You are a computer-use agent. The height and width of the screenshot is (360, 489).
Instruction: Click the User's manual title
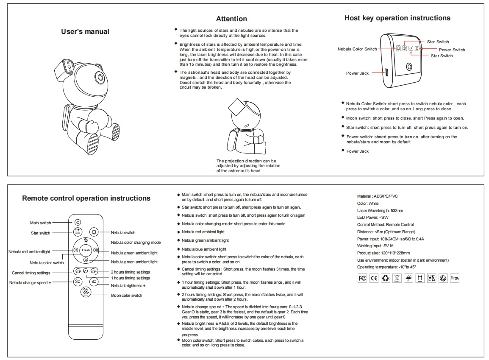85,32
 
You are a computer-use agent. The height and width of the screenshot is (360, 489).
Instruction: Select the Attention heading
231,19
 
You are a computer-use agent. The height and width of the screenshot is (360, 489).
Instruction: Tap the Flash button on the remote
86,250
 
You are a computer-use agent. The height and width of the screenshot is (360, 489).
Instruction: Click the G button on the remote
86,260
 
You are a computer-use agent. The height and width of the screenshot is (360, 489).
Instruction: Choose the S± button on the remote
78,282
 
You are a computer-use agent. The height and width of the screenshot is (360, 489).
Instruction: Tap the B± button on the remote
94,282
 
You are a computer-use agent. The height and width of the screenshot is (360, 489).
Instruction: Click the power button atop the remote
78,222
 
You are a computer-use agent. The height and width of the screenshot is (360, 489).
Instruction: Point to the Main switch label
40,223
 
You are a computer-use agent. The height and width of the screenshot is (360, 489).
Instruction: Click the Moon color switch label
127,296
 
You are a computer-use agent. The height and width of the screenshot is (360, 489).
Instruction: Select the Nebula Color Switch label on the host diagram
357,49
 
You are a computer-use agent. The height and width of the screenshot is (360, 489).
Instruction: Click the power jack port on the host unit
386,73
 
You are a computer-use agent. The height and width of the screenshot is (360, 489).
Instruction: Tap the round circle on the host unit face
409,67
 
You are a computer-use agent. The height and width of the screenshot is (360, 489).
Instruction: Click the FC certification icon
362,278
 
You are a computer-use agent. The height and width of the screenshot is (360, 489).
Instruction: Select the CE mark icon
374,278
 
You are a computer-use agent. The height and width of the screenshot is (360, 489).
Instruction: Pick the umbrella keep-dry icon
408,278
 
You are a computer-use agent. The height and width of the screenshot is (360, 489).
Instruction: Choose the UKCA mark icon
431,278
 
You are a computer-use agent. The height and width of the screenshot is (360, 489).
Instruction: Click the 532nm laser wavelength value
397,210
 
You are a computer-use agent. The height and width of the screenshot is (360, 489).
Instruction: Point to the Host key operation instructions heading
397,18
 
